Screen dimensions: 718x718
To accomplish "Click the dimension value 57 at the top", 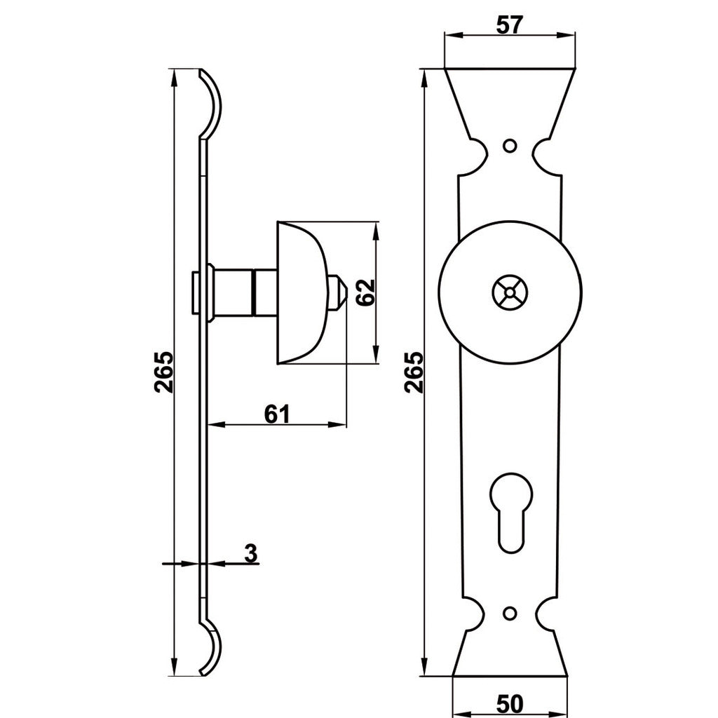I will pyautogui.click(x=510, y=25).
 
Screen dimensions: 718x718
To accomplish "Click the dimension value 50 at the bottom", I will pyautogui.click(x=510, y=702).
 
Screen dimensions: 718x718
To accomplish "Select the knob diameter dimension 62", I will pyautogui.click(x=365, y=293).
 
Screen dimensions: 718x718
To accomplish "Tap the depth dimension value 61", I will pyautogui.click(x=277, y=414).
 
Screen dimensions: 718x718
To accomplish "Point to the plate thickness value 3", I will pyautogui.click(x=250, y=553).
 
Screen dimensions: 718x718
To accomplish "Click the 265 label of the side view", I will pyautogui.click(x=163, y=372).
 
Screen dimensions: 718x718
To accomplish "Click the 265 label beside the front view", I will pyautogui.click(x=414, y=372).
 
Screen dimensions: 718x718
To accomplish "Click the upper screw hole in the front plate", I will pyautogui.click(x=510, y=146).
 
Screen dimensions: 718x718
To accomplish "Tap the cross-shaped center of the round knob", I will pyautogui.click(x=510, y=292).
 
